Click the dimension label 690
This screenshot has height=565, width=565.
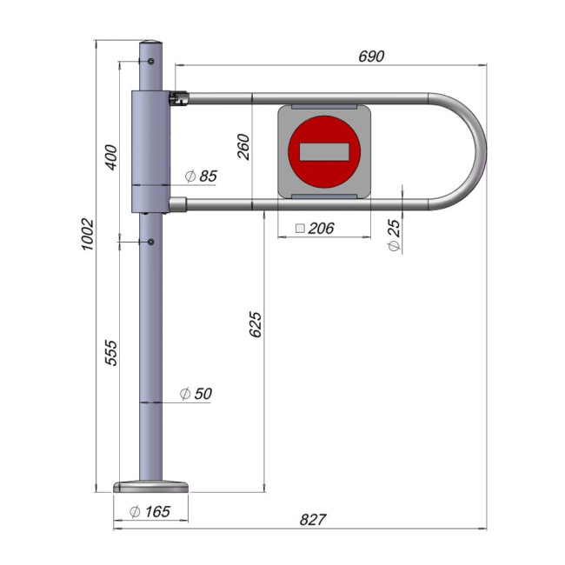click(371, 56)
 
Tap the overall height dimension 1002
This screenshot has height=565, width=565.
click(88, 234)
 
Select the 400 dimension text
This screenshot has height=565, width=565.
click(111, 157)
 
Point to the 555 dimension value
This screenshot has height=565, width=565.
click(111, 353)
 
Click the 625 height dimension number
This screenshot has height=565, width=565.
click(256, 325)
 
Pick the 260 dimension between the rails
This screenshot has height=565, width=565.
click(243, 147)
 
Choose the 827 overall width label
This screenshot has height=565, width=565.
click(313, 520)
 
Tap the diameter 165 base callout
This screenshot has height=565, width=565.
click(150, 511)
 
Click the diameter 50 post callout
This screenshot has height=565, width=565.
click(196, 394)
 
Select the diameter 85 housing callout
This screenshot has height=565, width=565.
click(201, 176)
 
